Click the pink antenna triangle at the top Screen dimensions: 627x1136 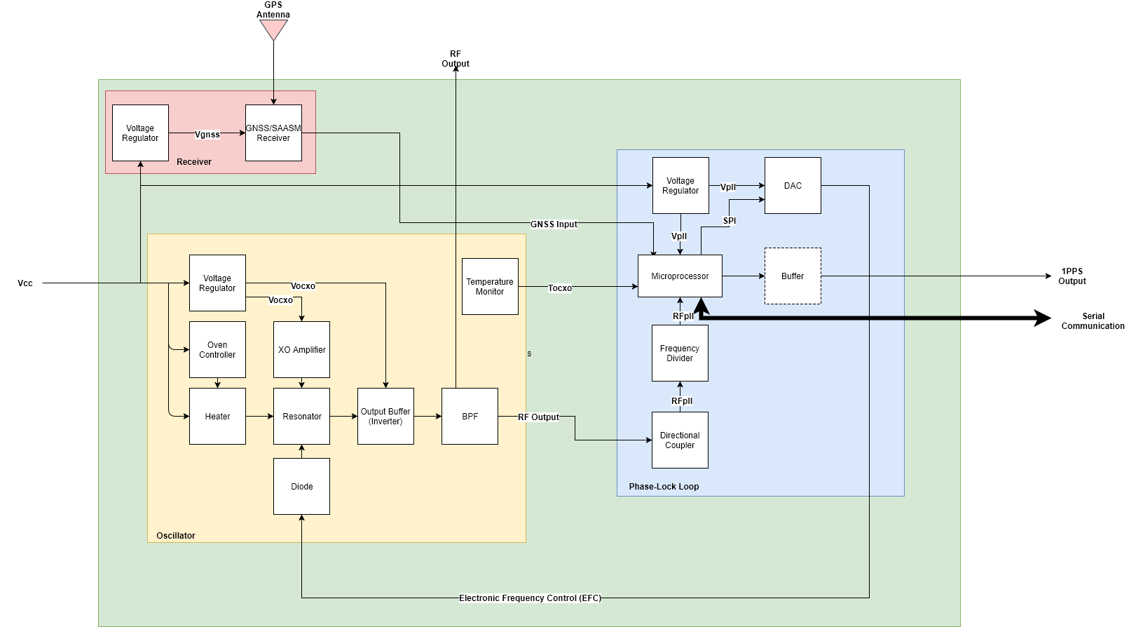point(273,29)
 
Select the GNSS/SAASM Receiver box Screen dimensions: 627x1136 point(273,133)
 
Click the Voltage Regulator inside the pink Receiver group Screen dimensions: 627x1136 point(140,133)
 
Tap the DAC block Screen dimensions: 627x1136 point(793,186)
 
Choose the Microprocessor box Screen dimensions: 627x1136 point(680,276)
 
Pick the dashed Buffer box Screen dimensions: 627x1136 point(793,276)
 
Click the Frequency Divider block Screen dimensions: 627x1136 point(680,353)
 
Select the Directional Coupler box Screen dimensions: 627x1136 point(680,440)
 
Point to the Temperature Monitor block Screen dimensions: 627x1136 point(490,287)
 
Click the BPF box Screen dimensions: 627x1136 point(470,417)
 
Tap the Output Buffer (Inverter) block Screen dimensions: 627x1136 point(385,417)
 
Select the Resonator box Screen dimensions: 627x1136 point(301,417)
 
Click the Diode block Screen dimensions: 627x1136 point(301,487)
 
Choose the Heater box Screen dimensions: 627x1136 point(217,417)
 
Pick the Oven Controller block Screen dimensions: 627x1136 point(217,350)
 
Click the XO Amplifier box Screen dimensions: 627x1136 point(301,350)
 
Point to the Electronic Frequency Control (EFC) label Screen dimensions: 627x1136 point(530,598)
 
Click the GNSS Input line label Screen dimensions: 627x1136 point(554,224)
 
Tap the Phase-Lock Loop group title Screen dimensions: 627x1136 point(664,487)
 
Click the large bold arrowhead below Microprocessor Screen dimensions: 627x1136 point(701,306)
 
